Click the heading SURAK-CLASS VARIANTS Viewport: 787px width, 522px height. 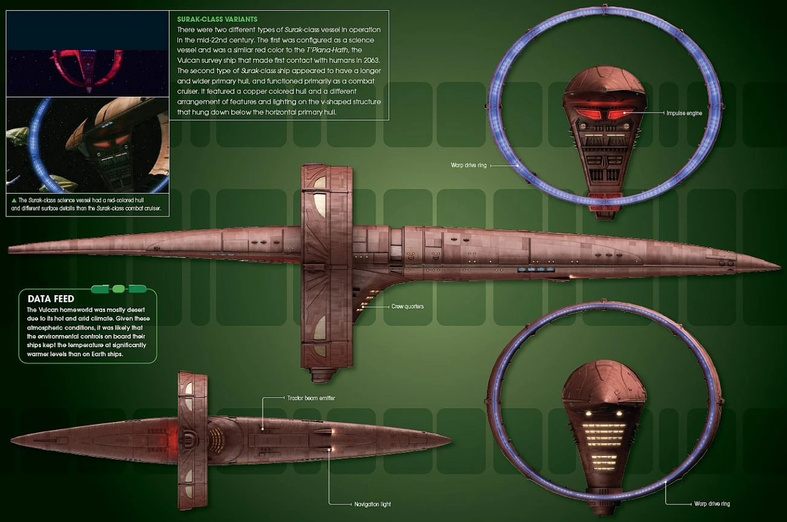pyautogui.click(x=217, y=19)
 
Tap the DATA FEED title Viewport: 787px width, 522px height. pyautogui.click(x=51, y=299)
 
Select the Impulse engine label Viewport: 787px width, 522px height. pyautogui.click(x=684, y=113)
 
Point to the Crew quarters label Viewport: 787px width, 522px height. pyautogui.click(x=407, y=307)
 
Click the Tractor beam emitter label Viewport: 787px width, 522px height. pyautogui.click(x=311, y=398)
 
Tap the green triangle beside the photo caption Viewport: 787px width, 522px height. pyautogui.click(x=13, y=200)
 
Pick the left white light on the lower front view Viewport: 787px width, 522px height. pyautogui.click(x=588, y=414)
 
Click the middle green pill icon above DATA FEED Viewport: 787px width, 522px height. pyautogui.click(x=118, y=289)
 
